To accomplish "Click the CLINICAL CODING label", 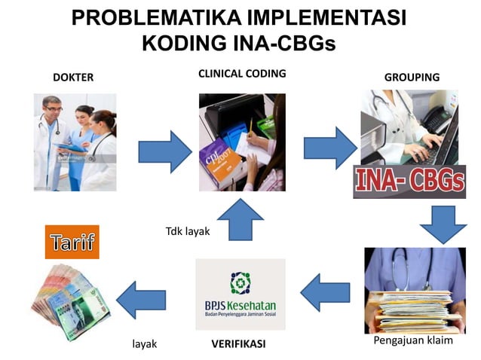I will click(241, 74).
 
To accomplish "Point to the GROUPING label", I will click(412, 78).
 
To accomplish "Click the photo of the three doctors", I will click(75, 141).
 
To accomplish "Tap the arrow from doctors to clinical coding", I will click(165, 151).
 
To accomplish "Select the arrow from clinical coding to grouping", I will click(329, 148).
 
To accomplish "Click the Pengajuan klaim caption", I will click(413, 340).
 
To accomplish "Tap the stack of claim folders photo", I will click(414, 290).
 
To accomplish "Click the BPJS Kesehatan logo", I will click(240, 294).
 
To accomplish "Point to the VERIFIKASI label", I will click(237, 344).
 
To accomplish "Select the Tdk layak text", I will click(187, 231).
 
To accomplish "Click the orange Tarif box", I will click(72, 243).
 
